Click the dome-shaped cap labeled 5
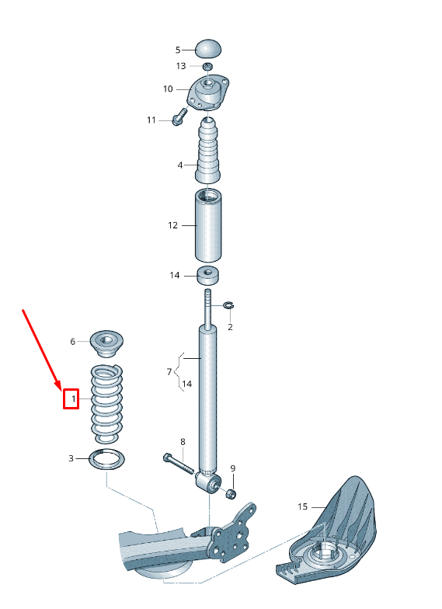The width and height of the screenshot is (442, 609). pos(208,48)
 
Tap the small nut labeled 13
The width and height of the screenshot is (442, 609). pos(208,66)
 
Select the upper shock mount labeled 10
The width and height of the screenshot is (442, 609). pos(208,92)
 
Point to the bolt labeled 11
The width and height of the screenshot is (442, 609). pos(179,117)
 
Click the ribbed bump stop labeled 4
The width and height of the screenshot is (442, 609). pos(208,151)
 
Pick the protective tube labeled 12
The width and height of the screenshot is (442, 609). pos(208,225)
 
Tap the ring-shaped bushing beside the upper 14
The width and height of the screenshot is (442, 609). pos(208,275)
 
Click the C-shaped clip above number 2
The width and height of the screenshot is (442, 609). pos(228,306)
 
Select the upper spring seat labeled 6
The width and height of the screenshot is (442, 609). pos(106,343)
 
